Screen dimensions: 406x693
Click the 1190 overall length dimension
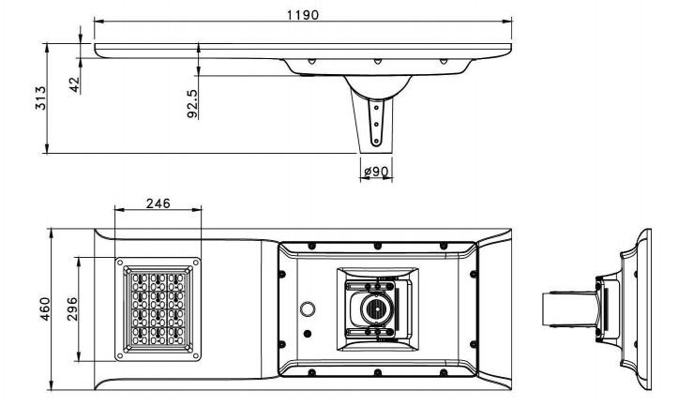point(303,15)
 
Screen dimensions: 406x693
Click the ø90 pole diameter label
point(376,172)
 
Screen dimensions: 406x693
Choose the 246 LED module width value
point(157,203)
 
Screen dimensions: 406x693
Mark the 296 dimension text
point(71,309)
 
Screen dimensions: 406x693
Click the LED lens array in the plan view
point(157,310)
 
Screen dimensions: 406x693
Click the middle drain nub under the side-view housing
point(377,63)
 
